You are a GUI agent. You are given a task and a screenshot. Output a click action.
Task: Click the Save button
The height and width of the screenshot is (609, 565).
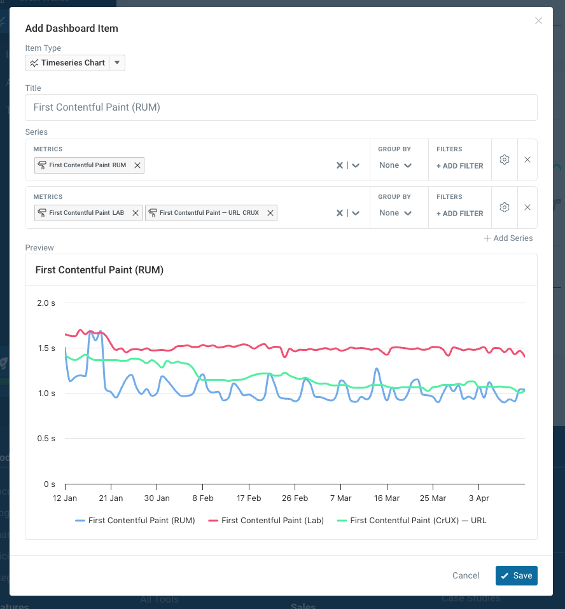click(x=516, y=575)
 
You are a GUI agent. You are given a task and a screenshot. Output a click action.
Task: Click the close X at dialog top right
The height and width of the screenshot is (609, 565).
click(x=538, y=21)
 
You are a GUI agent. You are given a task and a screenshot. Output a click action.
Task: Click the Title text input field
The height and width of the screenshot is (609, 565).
click(x=281, y=107)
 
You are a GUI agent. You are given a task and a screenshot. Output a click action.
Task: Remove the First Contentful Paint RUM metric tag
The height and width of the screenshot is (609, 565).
click(x=137, y=165)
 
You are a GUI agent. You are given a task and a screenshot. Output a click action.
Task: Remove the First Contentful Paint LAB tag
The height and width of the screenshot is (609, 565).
click(x=136, y=213)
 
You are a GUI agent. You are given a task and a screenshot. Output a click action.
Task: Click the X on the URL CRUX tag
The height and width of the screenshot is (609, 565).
click(x=270, y=213)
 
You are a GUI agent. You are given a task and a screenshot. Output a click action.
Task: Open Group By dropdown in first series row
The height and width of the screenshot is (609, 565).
click(x=394, y=165)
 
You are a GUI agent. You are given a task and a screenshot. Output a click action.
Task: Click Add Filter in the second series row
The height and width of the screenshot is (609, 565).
click(x=459, y=214)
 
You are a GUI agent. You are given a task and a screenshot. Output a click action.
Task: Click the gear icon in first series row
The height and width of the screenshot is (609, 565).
click(x=505, y=160)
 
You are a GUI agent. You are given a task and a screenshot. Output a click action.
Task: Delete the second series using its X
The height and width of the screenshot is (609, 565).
click(x=527, y=207)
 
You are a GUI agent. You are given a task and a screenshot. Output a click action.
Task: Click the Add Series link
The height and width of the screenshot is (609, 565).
click(x=508, y=238)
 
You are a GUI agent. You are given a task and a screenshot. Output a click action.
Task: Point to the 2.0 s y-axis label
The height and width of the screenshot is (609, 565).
click(x=46, y=303)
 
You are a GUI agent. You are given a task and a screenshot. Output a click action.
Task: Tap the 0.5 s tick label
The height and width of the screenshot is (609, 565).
click(x=46, y=439)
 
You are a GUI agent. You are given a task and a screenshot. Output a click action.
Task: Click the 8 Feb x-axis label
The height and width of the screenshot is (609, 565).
click(x=202, y=498)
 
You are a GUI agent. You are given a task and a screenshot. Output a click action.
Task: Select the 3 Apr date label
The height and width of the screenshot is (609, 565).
click(x=478, y=498)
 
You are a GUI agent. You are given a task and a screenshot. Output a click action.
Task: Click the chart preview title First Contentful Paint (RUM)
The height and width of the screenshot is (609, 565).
click(x=99, y=270)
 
